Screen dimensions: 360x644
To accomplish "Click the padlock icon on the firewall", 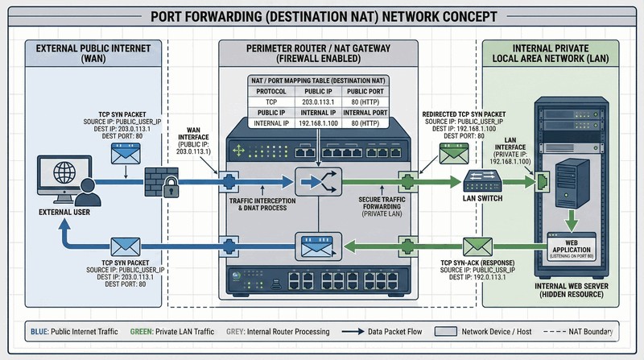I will pyautogui.click(x=170, y=191).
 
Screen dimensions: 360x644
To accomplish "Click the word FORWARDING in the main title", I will pyautogui.click(x=257, y=17).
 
